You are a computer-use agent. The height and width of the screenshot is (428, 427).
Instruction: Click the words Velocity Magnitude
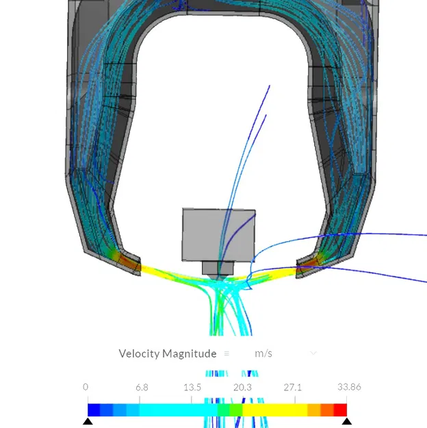coord(167,353)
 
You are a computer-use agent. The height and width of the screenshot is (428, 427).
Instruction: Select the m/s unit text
coord(263,353)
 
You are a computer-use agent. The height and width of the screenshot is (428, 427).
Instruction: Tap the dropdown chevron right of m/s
coord(313,353)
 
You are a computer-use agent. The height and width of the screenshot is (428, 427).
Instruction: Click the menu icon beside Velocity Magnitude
coord(227,353)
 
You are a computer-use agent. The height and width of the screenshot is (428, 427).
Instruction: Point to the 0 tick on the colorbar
coord(86,387)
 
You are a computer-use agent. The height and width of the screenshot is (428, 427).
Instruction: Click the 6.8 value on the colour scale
coord(142,387)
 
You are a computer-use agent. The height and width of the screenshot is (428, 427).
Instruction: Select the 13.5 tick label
coord(192,387)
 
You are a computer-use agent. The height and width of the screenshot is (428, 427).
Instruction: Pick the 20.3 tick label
coord(242,387)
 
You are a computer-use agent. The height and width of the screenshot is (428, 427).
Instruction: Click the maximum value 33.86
coord(348,387)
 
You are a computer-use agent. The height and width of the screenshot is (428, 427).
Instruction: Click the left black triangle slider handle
coord(88,421)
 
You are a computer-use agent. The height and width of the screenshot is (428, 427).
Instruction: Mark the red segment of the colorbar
coord(340,410)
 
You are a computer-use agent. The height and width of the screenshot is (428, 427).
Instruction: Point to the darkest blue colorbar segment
coord(94,410)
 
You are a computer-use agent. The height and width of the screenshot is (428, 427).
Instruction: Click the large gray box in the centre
coord(218,235)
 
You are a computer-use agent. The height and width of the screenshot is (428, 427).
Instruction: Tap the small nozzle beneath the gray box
coord(218,268)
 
